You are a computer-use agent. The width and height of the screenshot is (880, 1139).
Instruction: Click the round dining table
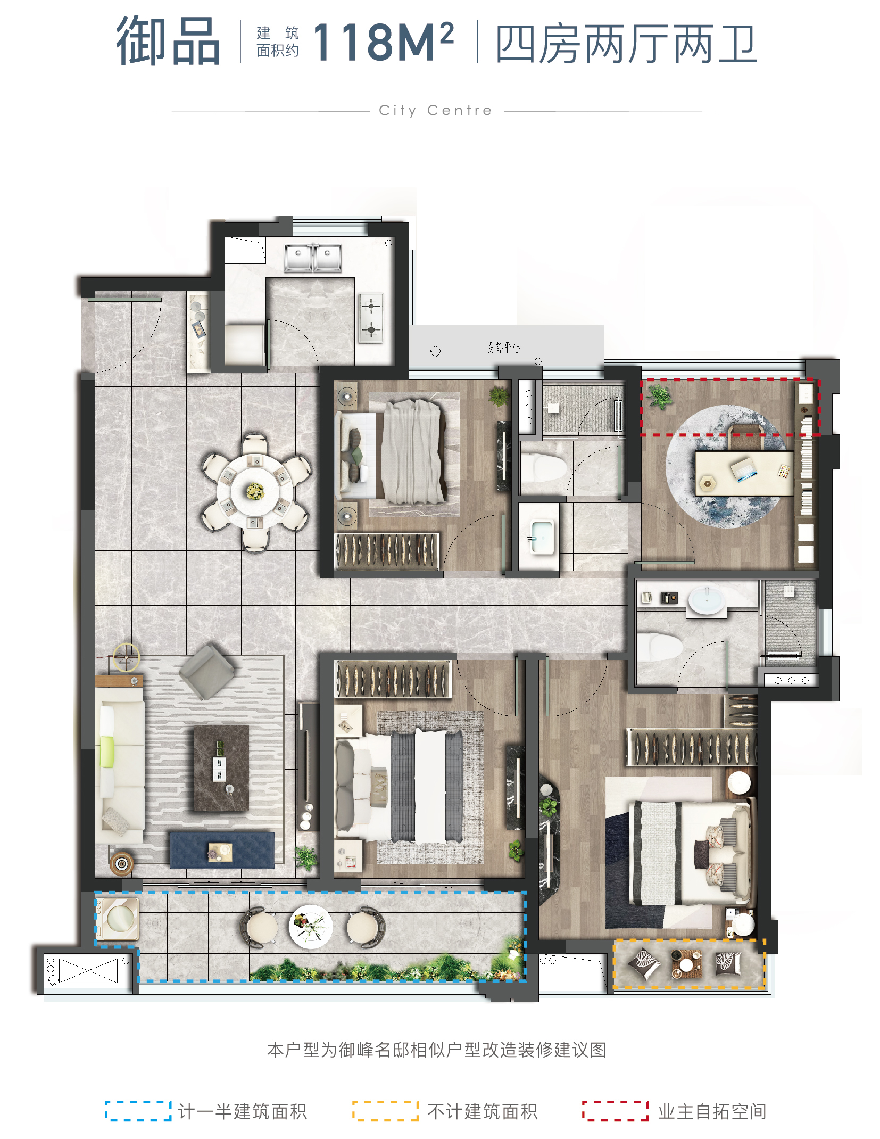coord(255,491)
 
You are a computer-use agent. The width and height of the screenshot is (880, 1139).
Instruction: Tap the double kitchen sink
coord(312,258)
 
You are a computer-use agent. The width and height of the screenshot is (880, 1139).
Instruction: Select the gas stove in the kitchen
coord(371,318)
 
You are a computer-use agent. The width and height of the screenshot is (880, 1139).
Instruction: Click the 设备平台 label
coord(503,348)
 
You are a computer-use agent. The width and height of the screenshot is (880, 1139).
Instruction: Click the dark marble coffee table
coord(221,768)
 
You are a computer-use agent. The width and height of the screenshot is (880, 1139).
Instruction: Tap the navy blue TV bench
coord(222,850)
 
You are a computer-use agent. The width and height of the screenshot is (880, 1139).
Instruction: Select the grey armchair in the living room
coord(206,672)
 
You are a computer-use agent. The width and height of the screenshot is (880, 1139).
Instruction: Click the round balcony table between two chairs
coord(311,927)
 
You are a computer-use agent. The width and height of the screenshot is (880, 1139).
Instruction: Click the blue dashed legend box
coord(138,1111)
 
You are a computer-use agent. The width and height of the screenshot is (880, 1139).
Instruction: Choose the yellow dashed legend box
coord(385,1111)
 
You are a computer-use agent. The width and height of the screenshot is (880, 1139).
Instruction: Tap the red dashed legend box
coord(616,1111)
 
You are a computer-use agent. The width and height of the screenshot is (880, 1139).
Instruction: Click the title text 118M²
coord(383,42)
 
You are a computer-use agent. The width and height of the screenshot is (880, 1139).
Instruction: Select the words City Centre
coord(436,111)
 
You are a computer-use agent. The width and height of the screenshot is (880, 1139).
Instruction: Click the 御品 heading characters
coord(168,41)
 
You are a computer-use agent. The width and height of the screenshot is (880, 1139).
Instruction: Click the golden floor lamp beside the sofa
coord(126,657)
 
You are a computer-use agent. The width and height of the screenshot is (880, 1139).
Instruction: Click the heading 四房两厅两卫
coord(627,44)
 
